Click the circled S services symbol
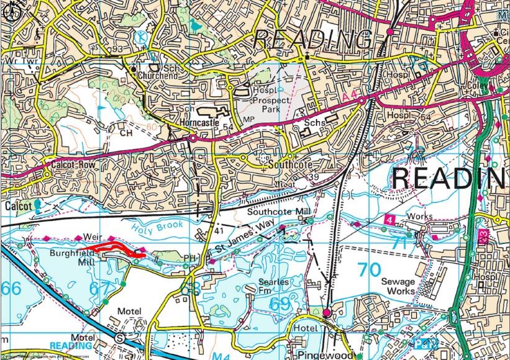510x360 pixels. click(x=119, y=337)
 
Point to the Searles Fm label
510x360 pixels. click(x=273, y=286)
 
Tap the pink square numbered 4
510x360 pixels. click(x=389, y=220)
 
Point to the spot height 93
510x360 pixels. click(x=114, y=50)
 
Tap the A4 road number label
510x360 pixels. click(x=349, y=97)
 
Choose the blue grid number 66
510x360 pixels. click(x=11, y=288)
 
